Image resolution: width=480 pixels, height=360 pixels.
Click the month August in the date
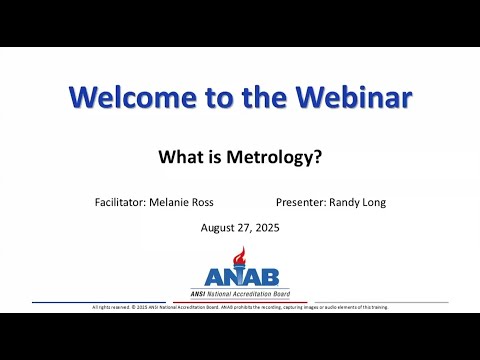(221, 227)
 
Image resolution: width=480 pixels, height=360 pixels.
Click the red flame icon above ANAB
(239, 256)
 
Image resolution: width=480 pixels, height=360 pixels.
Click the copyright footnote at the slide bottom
(240, 307)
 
